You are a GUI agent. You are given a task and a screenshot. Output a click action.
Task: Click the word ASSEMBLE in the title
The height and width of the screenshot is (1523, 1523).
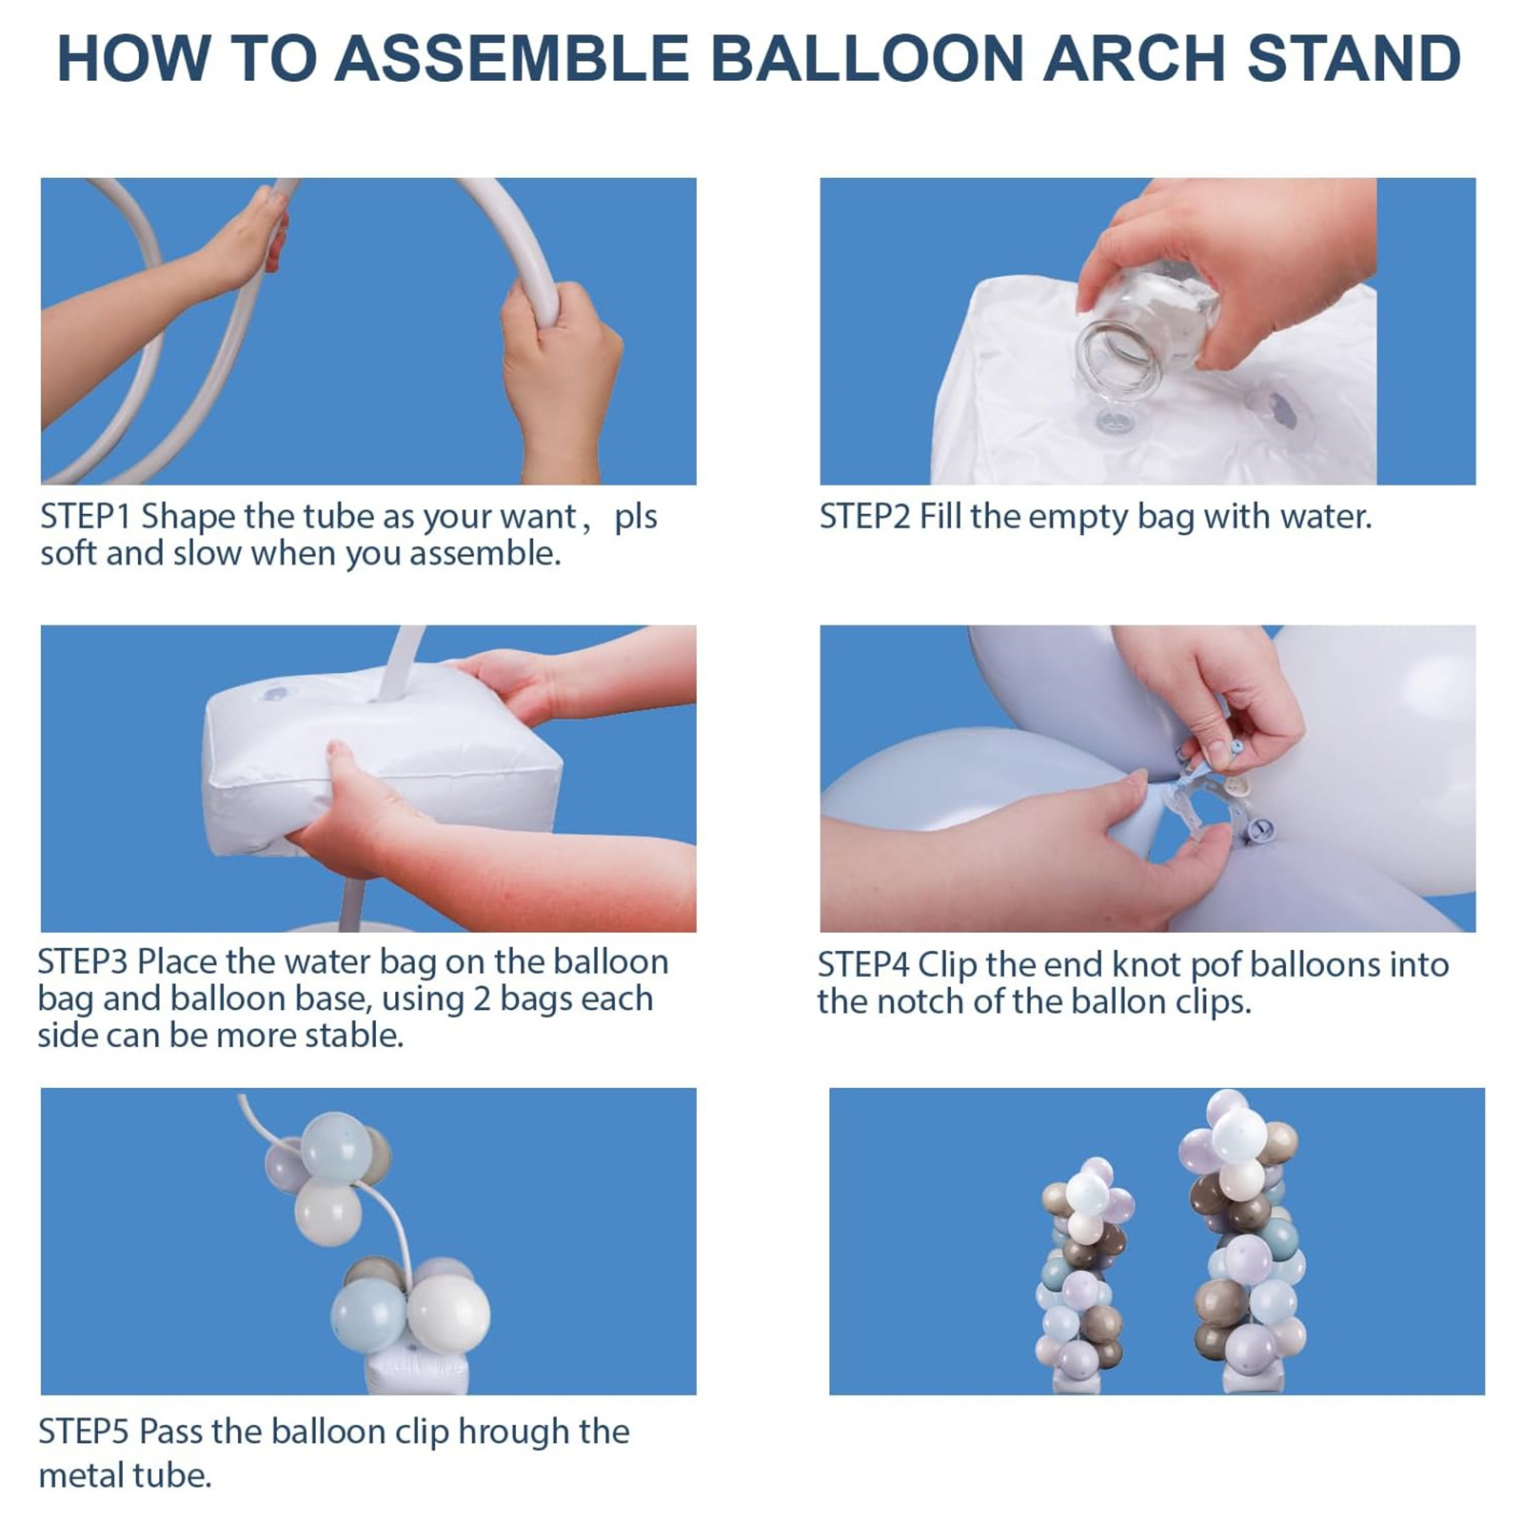click(511, 58)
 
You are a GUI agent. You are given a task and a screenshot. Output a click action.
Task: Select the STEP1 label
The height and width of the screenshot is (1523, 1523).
click(85, 516)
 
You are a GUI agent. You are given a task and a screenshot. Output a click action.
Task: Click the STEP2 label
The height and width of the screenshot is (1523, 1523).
click(864, 516)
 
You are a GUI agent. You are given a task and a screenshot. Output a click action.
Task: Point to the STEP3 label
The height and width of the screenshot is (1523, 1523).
click(82, 961)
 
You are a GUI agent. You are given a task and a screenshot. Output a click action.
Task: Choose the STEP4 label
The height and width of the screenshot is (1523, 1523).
click(862, 964)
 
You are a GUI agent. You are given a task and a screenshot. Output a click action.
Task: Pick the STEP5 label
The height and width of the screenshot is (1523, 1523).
click(83, 1432)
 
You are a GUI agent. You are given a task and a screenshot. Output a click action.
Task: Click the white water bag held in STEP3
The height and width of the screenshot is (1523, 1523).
click(381, 761)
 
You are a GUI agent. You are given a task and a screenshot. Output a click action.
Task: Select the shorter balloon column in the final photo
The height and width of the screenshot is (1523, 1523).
click(1083, 1276)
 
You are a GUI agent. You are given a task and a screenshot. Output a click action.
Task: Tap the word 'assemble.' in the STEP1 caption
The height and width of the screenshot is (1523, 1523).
click(485, 554)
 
